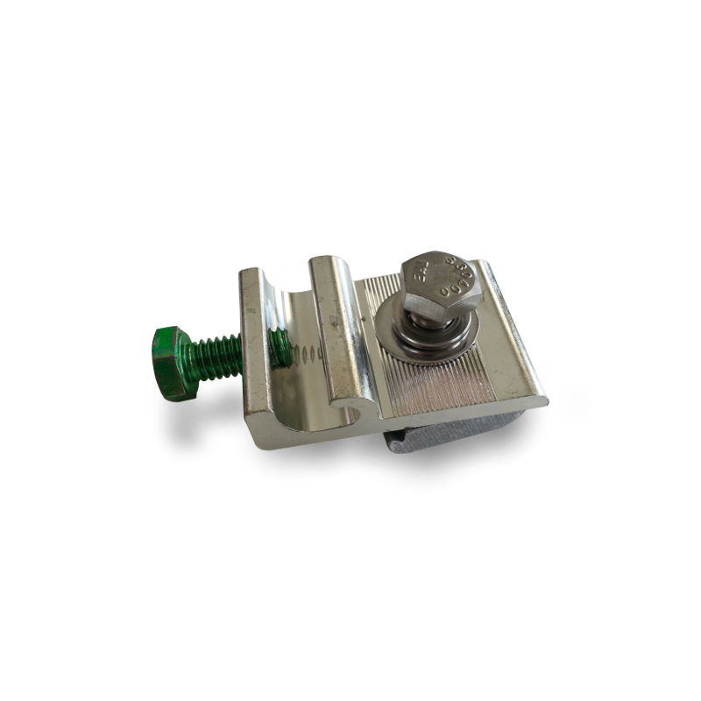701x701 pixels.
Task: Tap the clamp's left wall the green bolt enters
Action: tap(255, 350)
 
